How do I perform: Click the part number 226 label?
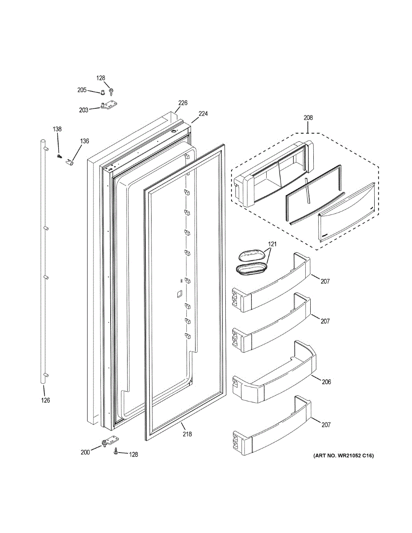[x=183, y=103]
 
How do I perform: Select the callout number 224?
[x=203, y=114]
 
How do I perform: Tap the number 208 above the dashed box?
[x=308, y=118]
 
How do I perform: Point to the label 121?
[x=272, y=244]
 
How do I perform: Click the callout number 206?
[x=326, y=382]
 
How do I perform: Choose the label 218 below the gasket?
[x=187, y=434]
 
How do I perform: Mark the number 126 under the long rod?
[x=45, y=400]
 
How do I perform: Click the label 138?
[x=57, y=129]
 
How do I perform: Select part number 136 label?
[x=84, y=141]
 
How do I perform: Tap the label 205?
[x=82, y=90]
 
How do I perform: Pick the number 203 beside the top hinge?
[x=84, y=110]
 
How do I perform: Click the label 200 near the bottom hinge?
[x=85, y=452]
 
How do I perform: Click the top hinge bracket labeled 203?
[x=109, y=106]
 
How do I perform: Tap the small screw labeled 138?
[x=59, y=156]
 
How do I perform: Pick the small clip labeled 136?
[x=70, y=162]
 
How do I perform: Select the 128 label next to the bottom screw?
[x=133, y=454]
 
